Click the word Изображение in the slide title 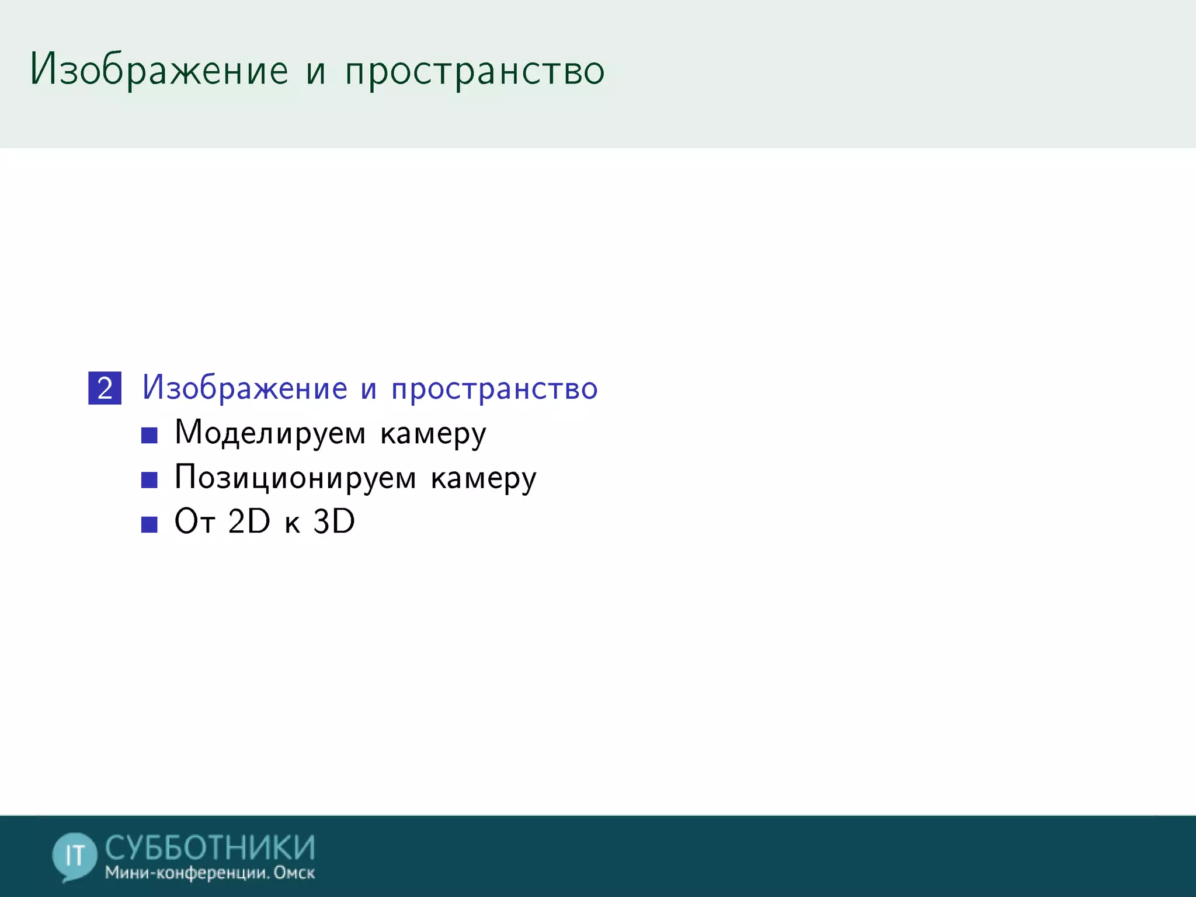[159, 70]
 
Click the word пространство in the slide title [475, 71]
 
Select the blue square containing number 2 [105, 388]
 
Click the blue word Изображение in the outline [245, 388]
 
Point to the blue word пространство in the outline [495, 389]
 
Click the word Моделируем [270, 433]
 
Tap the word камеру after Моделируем [433, 434]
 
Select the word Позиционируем [295, 478]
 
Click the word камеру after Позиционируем [484, 479]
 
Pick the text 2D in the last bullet [249, 521]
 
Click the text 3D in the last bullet [334, 521]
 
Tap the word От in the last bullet [195, 521]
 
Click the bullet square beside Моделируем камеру [149, 435]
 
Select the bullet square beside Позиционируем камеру [149, 479]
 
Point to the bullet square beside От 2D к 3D [149, 524]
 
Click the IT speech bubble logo [74, 856]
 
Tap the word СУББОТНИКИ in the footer [210, 847]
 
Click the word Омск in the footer [294, 873]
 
